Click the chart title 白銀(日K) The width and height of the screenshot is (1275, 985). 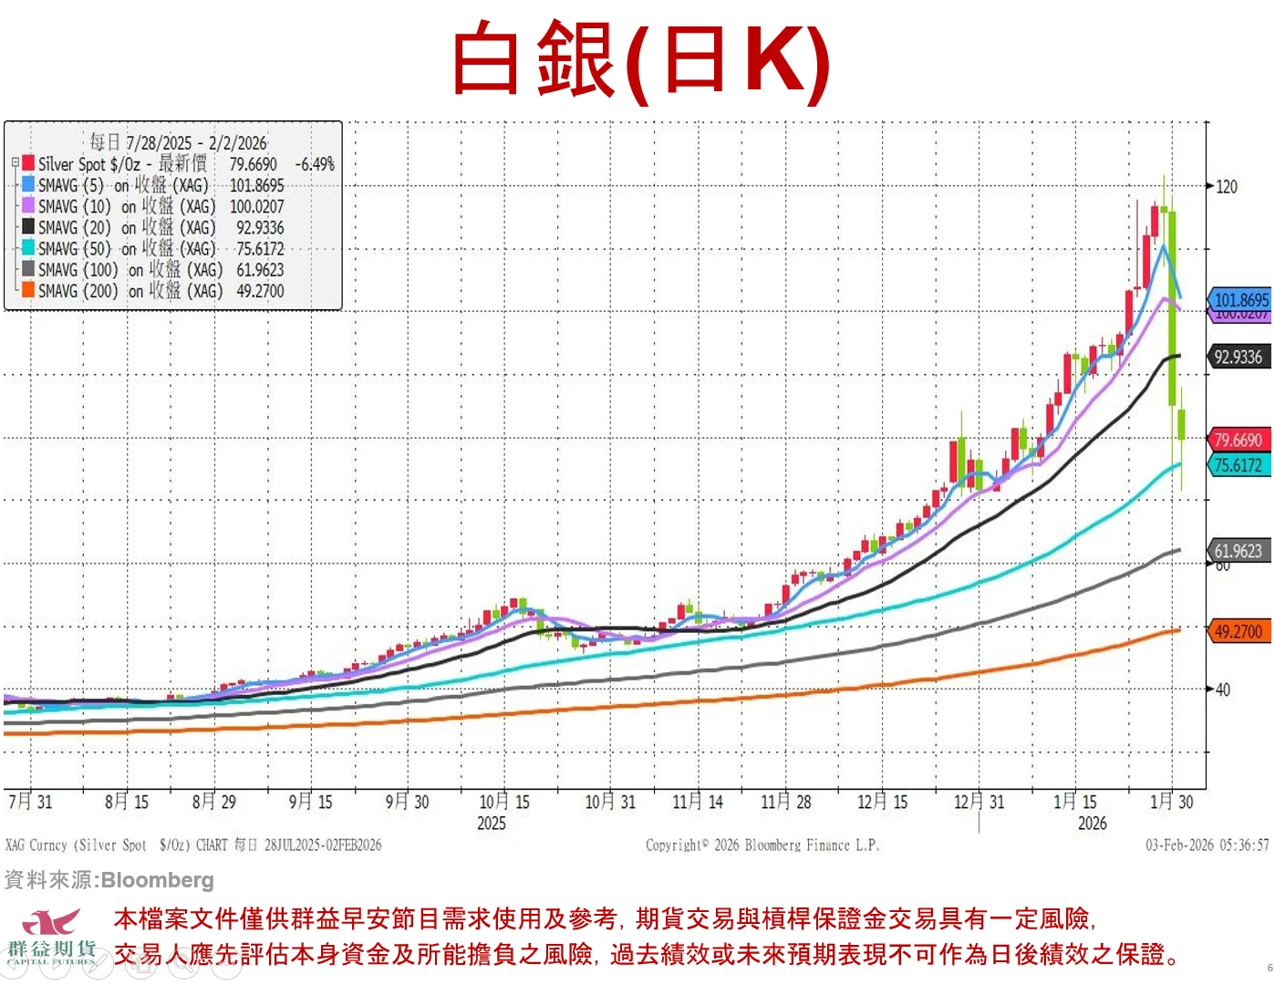tap(640, 60)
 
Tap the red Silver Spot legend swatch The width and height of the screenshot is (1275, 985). tap(28, 163)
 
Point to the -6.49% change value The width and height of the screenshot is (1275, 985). tap(315, 164)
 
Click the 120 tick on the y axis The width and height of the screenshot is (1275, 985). tap(1227, 187)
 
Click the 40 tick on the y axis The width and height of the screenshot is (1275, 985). tap(1223, 689)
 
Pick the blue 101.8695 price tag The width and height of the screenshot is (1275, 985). tap(1240, 299)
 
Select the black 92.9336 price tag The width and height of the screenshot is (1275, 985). tap(1238, 357)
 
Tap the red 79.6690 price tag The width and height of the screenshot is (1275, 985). tap(1238, 440)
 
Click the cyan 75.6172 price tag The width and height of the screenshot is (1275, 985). tap(1238, 465)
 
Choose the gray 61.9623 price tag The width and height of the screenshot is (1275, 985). tap(1238, 551)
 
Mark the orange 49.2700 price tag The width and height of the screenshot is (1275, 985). tap(1238, 631)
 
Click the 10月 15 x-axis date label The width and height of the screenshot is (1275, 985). tap(503, 802)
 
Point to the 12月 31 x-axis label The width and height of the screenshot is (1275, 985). tap(979, 802)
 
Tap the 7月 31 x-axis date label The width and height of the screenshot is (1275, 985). tap(30, 802)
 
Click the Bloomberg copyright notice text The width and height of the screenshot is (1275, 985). tap(762, 845)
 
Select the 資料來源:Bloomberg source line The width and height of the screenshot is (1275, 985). tap(109, 880)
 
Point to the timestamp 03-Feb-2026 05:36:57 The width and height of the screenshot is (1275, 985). tap(1207, 845)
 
